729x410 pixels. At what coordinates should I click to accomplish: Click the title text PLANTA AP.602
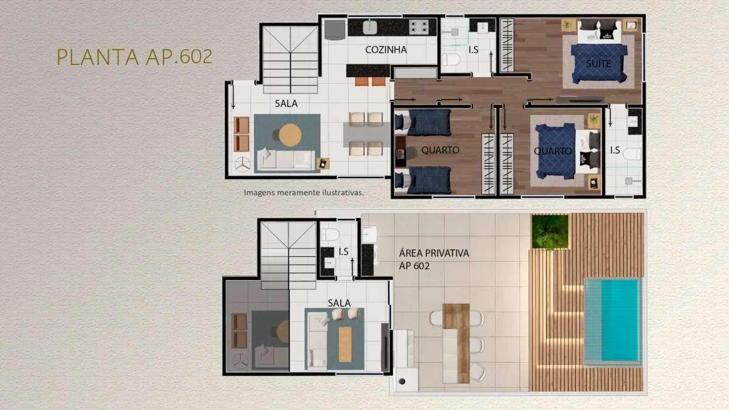pyautogui.click(x=134, y=56)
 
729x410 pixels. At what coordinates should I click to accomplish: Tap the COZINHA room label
pyautogui.click(x=386, y=50)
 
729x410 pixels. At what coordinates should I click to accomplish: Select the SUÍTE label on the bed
pyautogui.click(x=598, y=63)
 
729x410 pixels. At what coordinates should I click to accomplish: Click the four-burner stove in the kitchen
pyautogui.click(x=419, y=27)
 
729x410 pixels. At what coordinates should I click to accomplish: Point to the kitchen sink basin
pyautogui.click(x=370, y=27)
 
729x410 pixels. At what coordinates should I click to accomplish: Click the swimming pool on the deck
pyautogui.click(x=613, y=321)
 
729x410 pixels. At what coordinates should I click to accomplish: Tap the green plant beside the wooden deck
pyautogui.click(x=550, y=231)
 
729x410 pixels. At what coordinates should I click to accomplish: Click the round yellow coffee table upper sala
pyautogui.click(x=290, y=135)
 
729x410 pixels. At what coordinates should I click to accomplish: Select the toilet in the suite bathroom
pyautogui.click(x=451, y=60)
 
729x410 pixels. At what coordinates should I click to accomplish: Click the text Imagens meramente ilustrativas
pyautogui.click(x=304, y=193)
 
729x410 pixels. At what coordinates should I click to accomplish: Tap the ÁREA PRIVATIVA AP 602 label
pyautogui.click(x=434, y=259)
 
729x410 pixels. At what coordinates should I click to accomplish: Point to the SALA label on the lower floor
pyautogui.click(x=339, y=303)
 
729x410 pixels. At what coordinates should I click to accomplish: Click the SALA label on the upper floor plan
pyautogui.click(x=286, y=103)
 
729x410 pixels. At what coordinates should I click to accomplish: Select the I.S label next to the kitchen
pyautogui.click(x=473, y=50)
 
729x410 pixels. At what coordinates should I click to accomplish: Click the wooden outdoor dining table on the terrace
pyautogui.click(x=456, y=343)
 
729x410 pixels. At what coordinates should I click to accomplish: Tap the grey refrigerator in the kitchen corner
pyautogui.click(x=335, y=30)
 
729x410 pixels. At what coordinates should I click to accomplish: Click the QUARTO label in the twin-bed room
pyautogui.click(x=440, y=150)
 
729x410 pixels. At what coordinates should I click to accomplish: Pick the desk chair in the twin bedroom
pyautogui.click(x=411, y=152)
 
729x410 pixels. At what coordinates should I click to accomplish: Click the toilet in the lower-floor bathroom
pyautogui.click(x=330, y=234)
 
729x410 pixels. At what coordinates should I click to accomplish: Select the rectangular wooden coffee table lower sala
pyautogui.click(x=345, y=344)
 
